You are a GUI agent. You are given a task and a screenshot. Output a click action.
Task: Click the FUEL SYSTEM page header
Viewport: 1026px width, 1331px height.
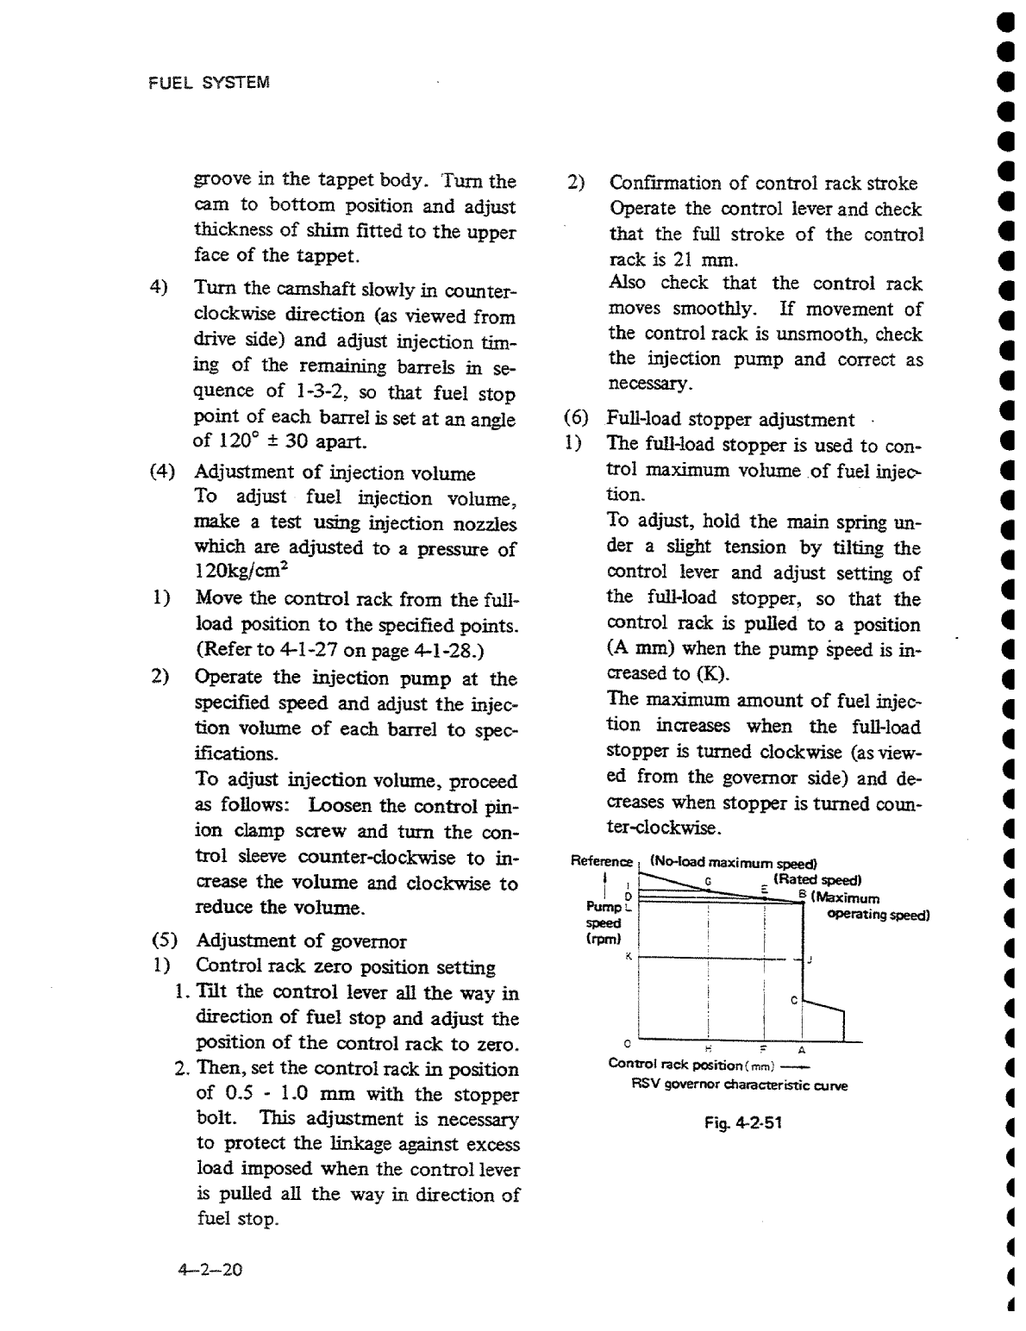pos(210,83)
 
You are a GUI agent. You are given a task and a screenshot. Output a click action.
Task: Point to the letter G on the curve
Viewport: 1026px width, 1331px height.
pos(708,881)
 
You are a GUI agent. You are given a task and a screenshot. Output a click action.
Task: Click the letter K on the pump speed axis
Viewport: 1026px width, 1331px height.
pos(629,956)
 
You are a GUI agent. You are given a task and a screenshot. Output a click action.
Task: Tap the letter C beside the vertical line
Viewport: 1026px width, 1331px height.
pos(793,1001)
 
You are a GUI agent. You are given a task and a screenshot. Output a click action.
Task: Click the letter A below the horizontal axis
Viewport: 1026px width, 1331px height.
pos(801,1050)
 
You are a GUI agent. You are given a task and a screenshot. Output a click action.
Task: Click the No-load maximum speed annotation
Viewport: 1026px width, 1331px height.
pos(733,862)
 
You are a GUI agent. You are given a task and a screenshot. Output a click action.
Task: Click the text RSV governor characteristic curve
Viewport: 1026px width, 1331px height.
pos(739,1085)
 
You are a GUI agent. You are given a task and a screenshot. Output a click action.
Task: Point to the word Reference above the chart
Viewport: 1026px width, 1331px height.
pos(602,861)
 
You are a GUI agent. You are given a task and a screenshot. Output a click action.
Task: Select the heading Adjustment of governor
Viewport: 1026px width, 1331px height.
pos(301,940)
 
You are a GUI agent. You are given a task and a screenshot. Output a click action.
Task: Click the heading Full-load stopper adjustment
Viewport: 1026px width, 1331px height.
pos(730,420)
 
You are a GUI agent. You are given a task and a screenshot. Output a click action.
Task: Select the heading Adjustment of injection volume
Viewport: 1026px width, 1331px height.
pos(335,472)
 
